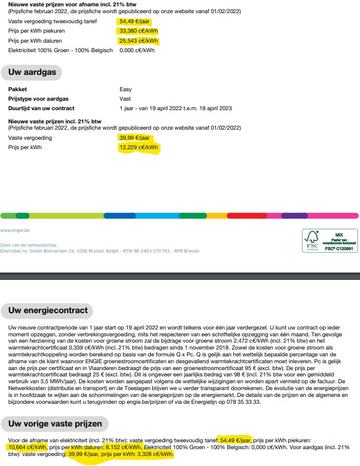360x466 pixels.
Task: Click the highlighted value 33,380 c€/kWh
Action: (x=138, y=31)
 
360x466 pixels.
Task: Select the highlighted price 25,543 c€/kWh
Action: (x=138, y=41)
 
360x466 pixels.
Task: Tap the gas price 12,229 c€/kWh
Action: (x=138, y=148)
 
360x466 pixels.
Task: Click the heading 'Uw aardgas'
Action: (x=32, y=72)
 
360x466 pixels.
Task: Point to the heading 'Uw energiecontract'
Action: (x=47, y=310)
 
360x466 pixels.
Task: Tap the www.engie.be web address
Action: (x=15, y=230)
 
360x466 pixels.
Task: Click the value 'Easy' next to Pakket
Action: (x=125, y=90)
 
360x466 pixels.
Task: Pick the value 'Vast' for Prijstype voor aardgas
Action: (x=125, y=99)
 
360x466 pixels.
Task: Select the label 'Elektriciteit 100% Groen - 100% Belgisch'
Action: (x=61, y=51)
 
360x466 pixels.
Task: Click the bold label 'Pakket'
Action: (x=17, y=90)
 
